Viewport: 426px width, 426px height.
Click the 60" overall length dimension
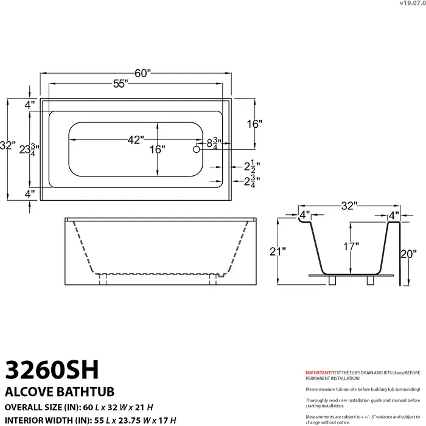pos(142,74)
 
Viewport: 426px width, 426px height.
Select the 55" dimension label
pos(119,85)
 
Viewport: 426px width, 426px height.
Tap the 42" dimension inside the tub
pos(135,139)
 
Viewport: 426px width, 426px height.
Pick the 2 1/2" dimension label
pos(252,166)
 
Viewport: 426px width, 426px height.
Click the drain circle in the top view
pos(197,148)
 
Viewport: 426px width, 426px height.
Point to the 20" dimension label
pos(408,253)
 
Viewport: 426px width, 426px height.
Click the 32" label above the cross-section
pos(349,206)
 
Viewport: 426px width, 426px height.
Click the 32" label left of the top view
pos(7,146)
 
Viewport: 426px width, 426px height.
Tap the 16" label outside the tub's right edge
pos(254,124)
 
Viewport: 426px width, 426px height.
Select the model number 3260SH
pos(52,369)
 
